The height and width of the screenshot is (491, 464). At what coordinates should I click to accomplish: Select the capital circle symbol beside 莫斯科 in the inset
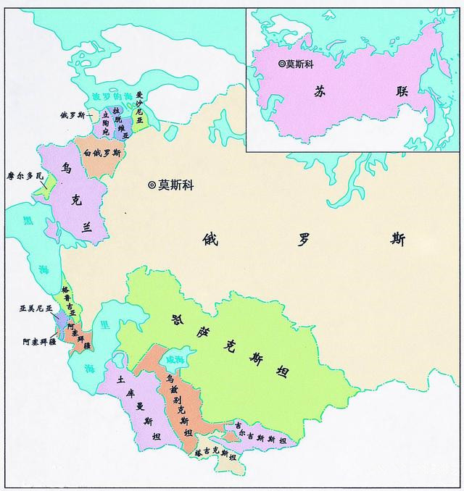pyautogui.click(x=283, y=64)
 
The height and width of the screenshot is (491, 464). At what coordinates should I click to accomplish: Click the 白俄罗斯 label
pyautogui.click(x=102, y=154)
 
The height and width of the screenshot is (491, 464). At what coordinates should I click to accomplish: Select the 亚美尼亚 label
pyautogui.click(x=36, y=309)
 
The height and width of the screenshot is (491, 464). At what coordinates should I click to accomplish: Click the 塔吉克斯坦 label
pyautogui.click(x=215, y=453)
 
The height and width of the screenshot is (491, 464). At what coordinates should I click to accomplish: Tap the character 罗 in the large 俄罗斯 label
pyautogui.click(x=299, y=238)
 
